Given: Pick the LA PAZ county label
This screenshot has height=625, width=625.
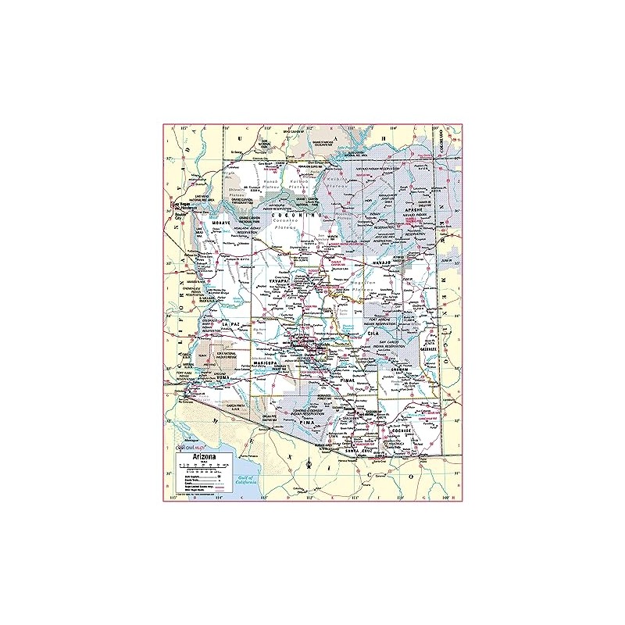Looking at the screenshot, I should pos(230,323).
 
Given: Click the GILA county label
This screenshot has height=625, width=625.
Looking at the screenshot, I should pos(373,333).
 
